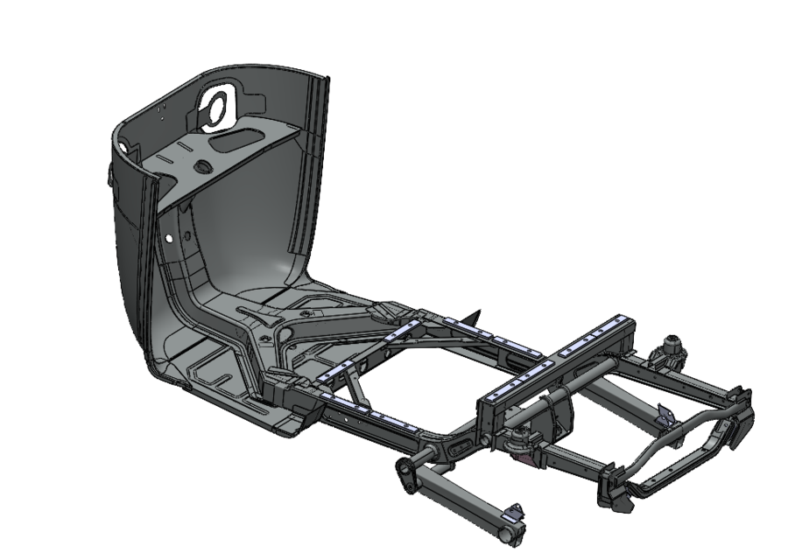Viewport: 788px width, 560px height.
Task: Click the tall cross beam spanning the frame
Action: pos(552,367)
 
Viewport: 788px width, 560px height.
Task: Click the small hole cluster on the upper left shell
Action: pos(163,108)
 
